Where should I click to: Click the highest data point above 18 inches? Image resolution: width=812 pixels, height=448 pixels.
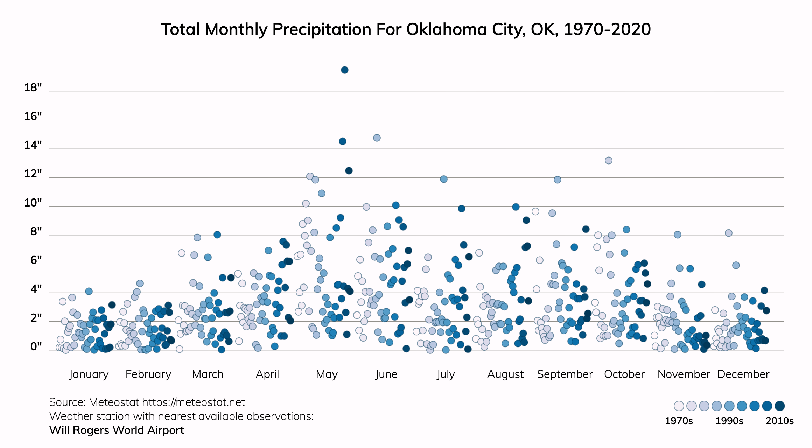[344, 70]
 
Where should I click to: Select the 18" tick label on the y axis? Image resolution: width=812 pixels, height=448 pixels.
[33, 87]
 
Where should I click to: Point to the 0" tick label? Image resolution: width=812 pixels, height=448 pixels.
[36, 346]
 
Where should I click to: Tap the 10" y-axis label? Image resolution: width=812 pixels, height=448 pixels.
[33, 203]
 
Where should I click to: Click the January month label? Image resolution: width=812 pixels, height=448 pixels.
[89, 374]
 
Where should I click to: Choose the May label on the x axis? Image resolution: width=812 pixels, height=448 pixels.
[327, 374]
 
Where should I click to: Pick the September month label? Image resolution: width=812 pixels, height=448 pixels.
[565, 374]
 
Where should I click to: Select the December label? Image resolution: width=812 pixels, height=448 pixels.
[743, 374]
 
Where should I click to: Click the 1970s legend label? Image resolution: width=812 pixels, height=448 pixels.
[679, 421]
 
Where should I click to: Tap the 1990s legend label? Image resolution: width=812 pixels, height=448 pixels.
[729, 421]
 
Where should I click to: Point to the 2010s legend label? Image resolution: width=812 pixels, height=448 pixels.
[779, 421]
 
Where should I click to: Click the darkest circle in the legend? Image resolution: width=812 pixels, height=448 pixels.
[779, 406]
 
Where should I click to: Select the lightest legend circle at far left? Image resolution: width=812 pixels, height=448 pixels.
[679, 406]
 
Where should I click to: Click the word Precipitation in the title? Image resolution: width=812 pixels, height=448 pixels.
[322, 29]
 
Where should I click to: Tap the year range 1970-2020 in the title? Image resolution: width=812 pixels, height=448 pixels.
[607, 29]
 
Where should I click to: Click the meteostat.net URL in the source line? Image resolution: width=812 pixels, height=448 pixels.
[194, 402]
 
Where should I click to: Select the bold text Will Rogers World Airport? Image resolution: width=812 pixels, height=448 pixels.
[117, 430]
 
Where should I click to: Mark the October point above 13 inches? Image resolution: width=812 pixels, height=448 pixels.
[608, 160]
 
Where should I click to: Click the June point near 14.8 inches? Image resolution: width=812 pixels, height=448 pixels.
[377, 138]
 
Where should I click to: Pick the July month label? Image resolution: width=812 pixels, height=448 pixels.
[446, 374]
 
